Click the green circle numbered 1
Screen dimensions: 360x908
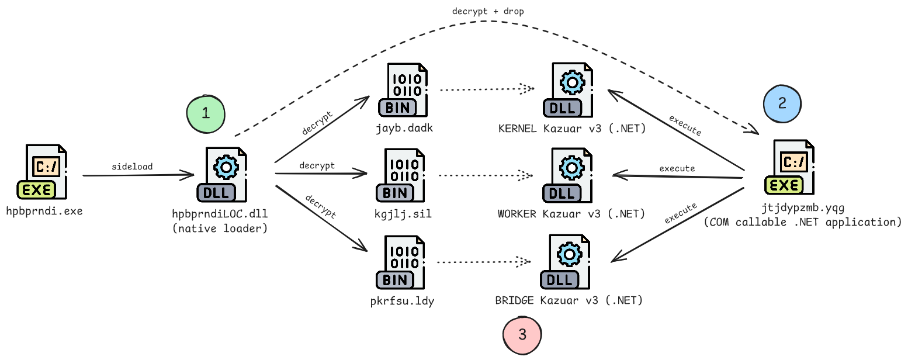coord(206,113)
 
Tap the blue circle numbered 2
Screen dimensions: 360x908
coord(782,103)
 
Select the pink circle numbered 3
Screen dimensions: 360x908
coord(522,335)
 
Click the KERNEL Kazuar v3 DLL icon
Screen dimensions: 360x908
coord(567,90)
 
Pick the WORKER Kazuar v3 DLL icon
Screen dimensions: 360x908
coord(567,175)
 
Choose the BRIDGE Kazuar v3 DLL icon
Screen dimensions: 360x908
coord(566,262)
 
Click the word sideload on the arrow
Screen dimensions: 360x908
coord(132,167)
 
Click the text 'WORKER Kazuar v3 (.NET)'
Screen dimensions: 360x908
coord(571,214)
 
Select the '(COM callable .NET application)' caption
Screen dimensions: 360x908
coord(803,222)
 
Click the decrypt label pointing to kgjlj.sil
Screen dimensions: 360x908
coord(317,166)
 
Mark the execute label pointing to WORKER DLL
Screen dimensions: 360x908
coord(677,168)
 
